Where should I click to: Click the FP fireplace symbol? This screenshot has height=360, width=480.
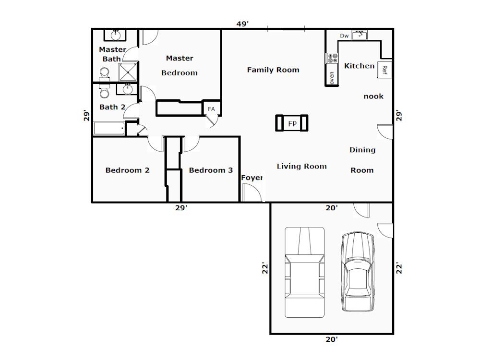(292, 123)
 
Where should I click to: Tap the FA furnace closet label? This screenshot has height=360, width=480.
(211, 109)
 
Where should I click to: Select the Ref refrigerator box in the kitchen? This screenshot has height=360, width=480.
(385, 70)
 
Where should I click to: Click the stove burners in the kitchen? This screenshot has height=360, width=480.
(333, 58)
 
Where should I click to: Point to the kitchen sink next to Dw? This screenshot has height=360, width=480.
(360, 35)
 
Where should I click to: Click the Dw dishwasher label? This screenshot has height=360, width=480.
(344, 36)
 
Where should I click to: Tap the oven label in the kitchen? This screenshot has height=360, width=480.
(332, 78)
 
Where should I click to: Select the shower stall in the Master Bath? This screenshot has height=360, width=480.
(128, 72)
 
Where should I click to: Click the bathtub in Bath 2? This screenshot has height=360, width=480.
(109, 128)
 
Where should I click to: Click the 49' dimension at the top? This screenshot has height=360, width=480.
(242, 24)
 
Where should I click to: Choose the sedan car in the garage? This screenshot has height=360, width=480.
(358, 271)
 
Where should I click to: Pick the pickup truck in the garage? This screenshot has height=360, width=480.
(305, 272)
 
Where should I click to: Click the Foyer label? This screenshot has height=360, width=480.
(252, 178)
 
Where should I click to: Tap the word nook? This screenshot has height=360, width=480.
(373, 96)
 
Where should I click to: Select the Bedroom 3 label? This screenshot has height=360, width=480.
(211, 170)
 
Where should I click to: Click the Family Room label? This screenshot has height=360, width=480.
(273, 70)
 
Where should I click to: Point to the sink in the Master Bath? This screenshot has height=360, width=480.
(115, 35)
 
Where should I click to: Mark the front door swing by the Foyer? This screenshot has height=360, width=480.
(252, 192)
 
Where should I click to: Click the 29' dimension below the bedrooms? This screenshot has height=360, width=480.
(181, 208)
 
